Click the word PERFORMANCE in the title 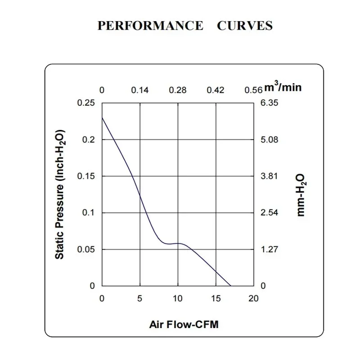(x=150, y=26)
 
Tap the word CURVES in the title (x=245, y=26)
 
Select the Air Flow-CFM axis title (x=184, y=324)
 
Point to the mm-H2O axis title (x=301, y=194)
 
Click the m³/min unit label (x=283, y=87)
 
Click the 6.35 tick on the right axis (x=270, y=103)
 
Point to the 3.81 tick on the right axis (x=270, y=176)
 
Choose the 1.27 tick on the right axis (x=270, y=249)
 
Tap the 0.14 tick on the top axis (x=140, y=90)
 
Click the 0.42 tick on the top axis (x=216, y=90)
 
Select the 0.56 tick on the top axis (x=253, y=90)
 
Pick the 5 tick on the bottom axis (x=140, y=299)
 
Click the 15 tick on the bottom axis (x=216, y=299)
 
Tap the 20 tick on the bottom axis (x=254, y=299)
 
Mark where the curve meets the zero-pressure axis (x=231, y=286)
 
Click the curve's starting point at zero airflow (x=102, y=117)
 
